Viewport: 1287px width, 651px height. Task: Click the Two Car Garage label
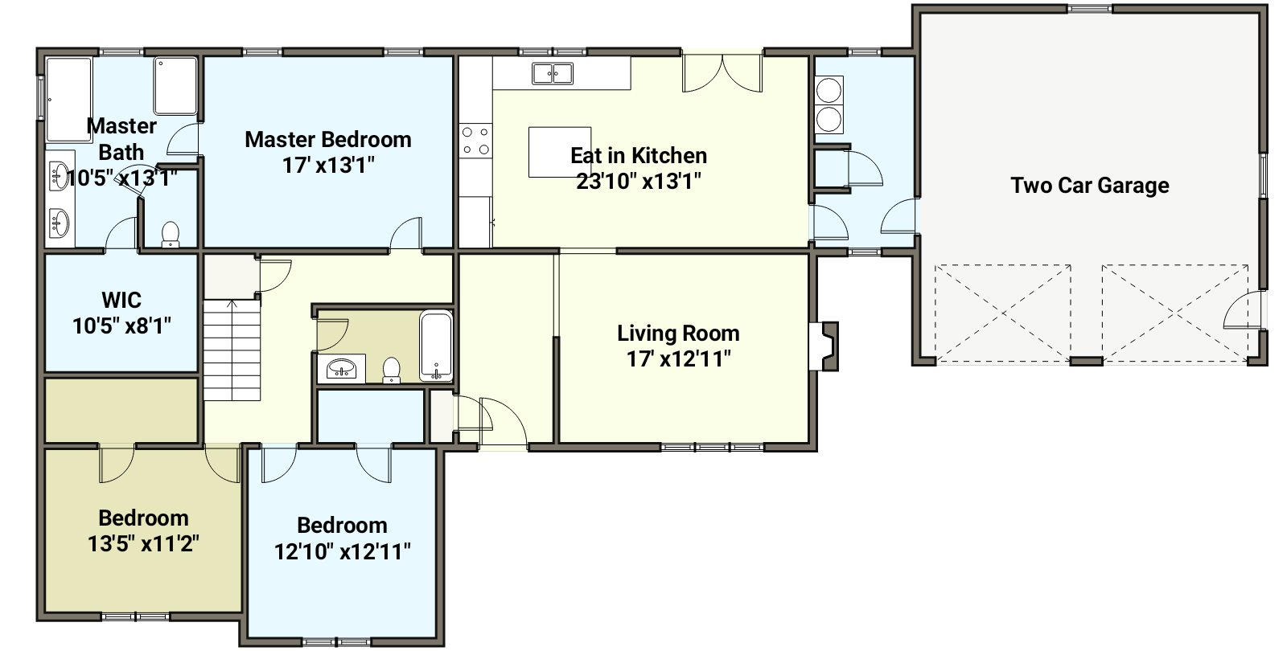[x=1089, y=186]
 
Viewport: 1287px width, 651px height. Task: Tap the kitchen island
[x=560, y=152]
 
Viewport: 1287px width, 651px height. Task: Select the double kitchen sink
[x=552, y=73]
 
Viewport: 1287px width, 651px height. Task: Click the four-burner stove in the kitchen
[x=476, y=141]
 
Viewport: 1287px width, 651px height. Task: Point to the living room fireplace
[x=825, y=346]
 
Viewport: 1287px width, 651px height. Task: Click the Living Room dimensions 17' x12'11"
[x=679, y=359]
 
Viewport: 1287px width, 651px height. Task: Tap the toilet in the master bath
[x=170, y=234]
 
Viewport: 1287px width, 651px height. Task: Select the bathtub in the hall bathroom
[x=436, y=346]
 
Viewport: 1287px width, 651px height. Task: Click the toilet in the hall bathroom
[x=391, y=371]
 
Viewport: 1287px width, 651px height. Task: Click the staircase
[x=232, y=350]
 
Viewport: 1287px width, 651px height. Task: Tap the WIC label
[x=121, y=300]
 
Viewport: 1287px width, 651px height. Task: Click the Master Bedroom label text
[x=328, y=140]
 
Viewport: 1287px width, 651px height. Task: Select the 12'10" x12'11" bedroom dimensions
[x=343, y=552]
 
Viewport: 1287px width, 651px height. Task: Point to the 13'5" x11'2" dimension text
[x=144, y=543]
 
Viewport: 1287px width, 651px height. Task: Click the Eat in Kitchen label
[x=639, y=156]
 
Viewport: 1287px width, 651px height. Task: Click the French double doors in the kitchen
[x=723, y=73]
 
